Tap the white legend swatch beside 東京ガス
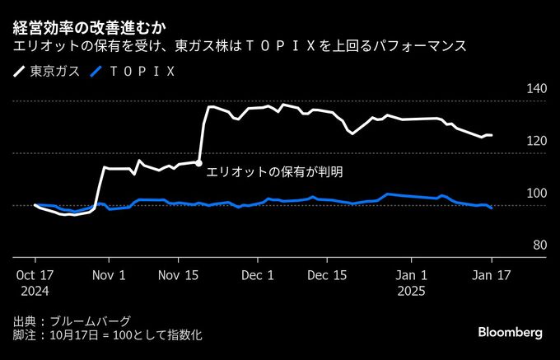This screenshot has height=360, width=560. [x=19, y=72]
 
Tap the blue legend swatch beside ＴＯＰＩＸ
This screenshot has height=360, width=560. [x=96, y=72]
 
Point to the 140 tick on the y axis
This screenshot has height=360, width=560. [x=537, y=88]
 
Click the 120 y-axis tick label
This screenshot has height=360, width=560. [x=537, y=141]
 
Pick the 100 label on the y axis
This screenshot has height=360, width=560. [x=537, y=193]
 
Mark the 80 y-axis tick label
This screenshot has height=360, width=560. [x=539, y=245]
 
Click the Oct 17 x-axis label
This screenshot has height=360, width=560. [x=34, y=275]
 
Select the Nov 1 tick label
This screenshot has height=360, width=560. [x=110, y=275]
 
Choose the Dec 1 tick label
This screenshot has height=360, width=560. [x=259, y=275]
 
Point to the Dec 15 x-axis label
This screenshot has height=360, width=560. [x=328, y=275]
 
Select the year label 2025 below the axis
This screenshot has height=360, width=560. [x=412, y=291]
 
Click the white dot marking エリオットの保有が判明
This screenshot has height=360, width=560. [x=199, y=163]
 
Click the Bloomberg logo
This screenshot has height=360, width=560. [x=511, y=332]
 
